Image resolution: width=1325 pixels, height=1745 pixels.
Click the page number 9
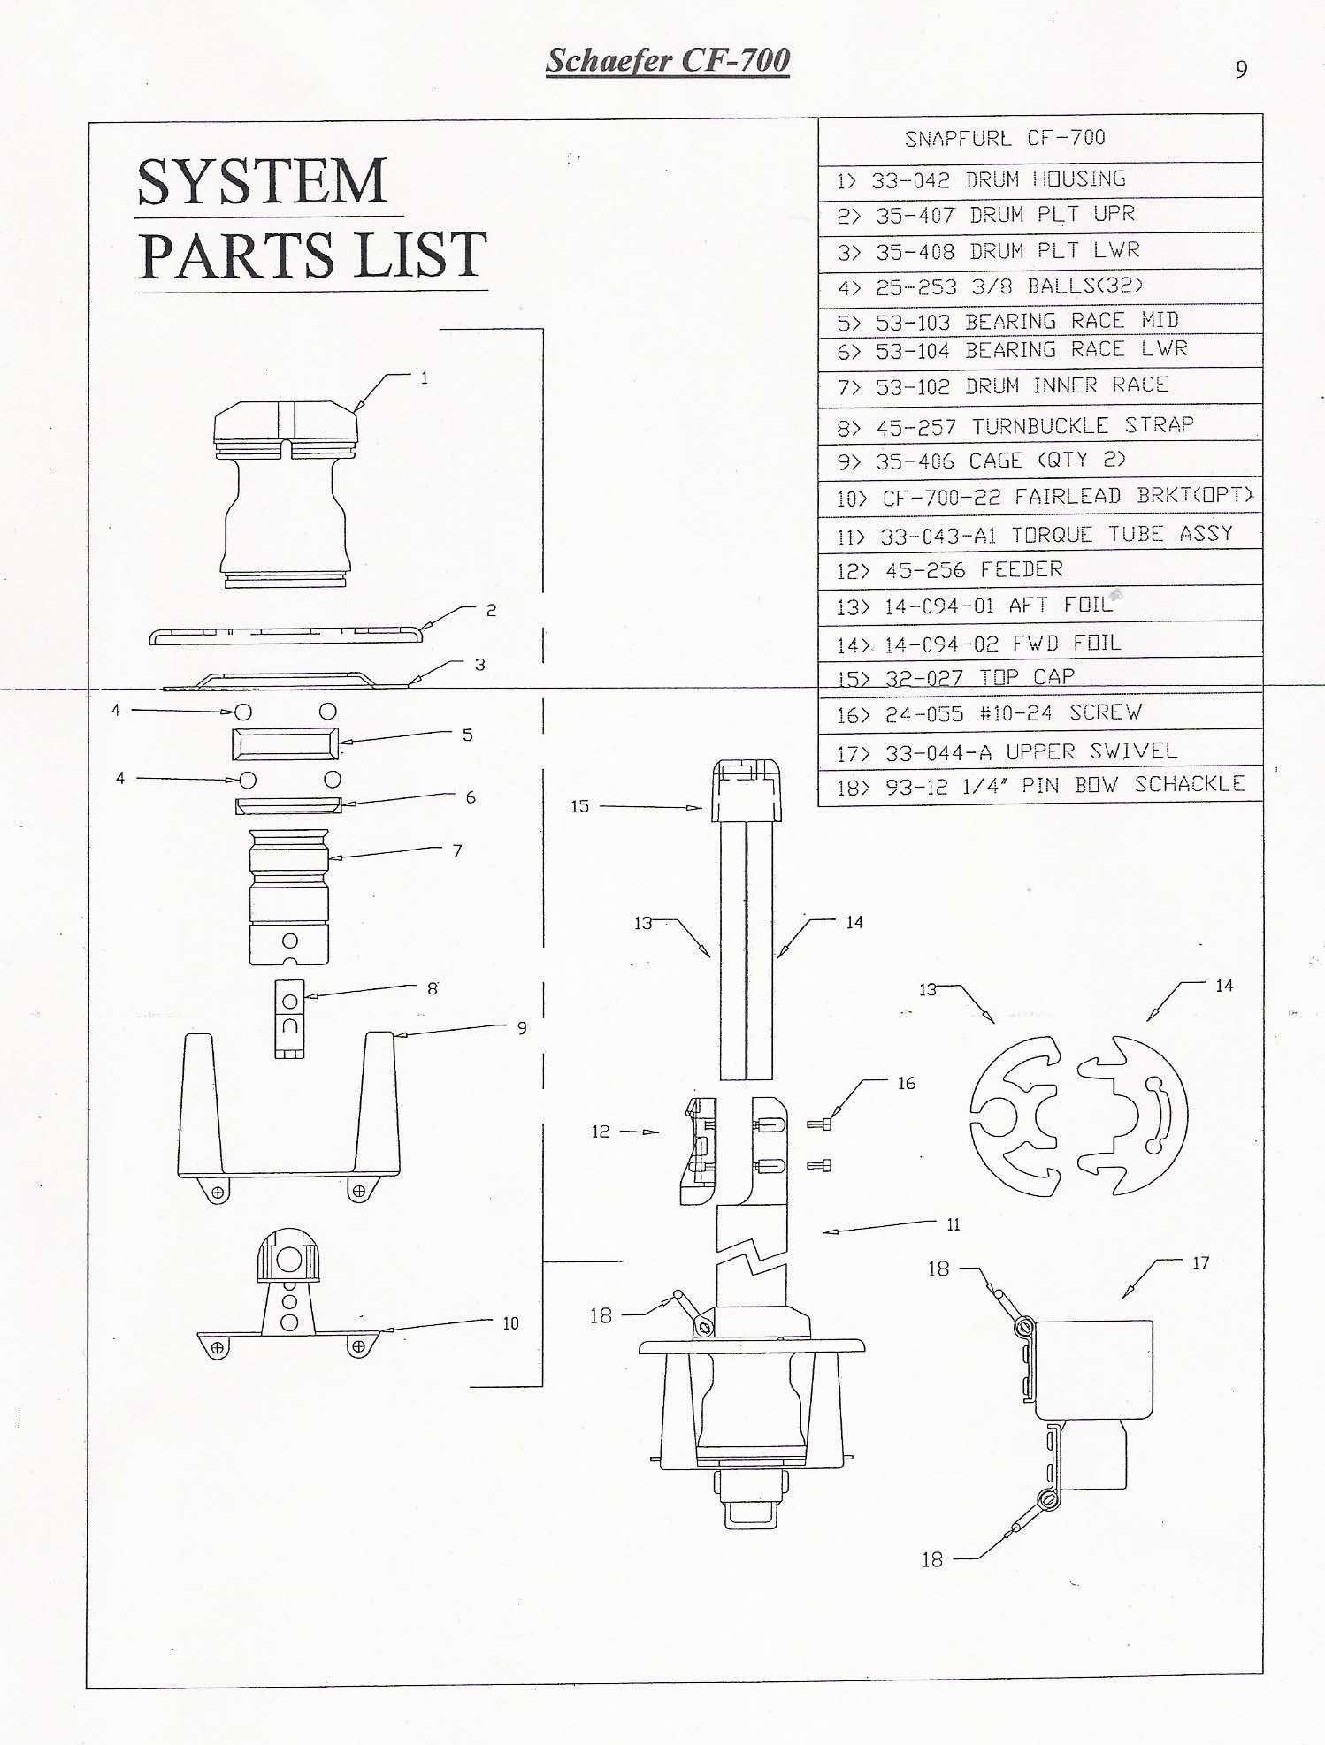1241,69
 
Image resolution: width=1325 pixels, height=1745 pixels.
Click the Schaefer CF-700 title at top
668,60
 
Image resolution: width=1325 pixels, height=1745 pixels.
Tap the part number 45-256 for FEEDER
925,570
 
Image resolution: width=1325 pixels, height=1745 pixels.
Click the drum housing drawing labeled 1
286,494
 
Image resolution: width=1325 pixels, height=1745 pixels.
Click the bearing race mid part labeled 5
285,743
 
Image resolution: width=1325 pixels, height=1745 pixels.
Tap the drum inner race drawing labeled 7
289,896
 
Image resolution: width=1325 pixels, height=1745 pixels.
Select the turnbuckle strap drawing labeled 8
289,1018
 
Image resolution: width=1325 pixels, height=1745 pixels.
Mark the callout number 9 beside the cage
522,1028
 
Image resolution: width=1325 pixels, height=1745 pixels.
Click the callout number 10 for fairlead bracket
510,1323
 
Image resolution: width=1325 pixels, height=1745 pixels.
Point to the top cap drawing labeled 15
747,790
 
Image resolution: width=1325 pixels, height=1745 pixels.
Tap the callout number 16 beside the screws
907,1083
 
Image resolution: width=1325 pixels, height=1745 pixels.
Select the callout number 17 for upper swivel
1200,1262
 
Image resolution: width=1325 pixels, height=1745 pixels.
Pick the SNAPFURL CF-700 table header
1005,138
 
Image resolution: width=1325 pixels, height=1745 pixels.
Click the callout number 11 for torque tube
953,1224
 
